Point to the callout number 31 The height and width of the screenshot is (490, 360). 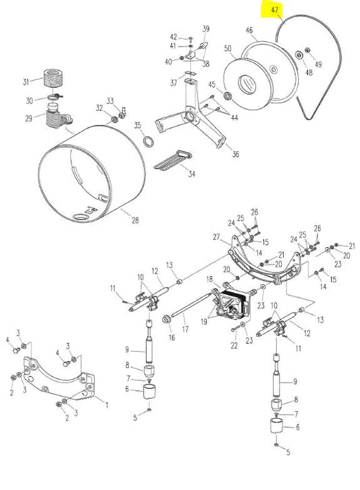[x=26, y=82]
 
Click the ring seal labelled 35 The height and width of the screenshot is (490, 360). [x=147, y=141]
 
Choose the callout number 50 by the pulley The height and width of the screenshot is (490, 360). [x=228, y=49]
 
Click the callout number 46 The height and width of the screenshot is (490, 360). [x=249, y=30]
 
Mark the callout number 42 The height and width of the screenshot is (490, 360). [x=173, y=36]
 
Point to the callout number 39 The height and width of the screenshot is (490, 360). [x=206, y=28]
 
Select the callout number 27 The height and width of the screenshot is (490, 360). [x=217, y=237]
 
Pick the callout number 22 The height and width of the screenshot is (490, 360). [x=234, y=346]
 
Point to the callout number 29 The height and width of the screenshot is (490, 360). [x=28, y=118]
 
